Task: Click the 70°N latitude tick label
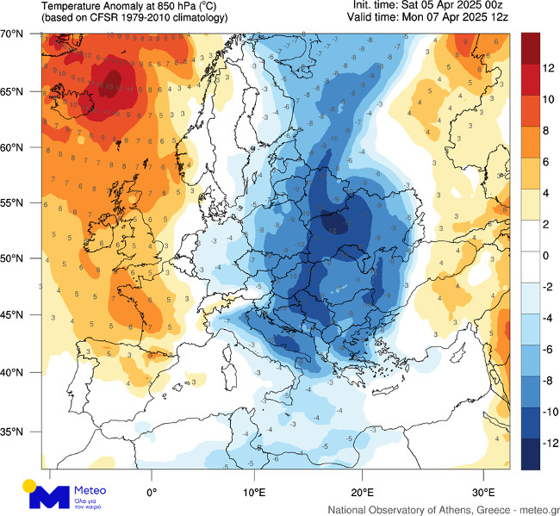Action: [x=11, y=34]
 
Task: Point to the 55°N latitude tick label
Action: [x=11, y=202]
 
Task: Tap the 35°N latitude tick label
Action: [x=11, y=432]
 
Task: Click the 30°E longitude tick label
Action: [x=484, y=492]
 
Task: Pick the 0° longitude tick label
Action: [x=152, y=492]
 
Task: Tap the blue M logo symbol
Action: [x=50, y=496]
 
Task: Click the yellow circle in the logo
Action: [x=29, y=484]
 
